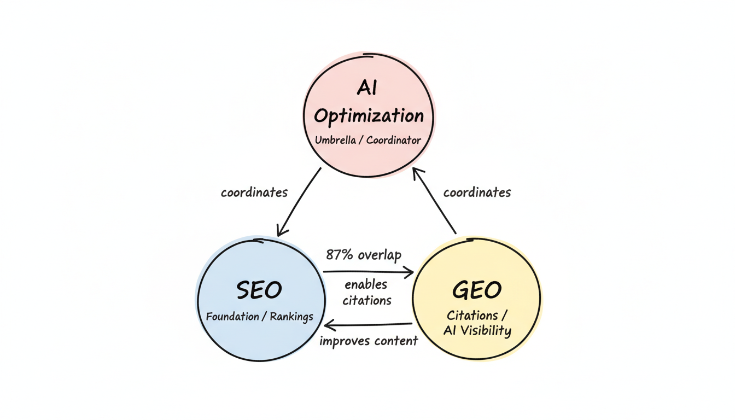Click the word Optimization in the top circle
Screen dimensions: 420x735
pos(369,115)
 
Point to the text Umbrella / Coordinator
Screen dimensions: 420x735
pos(368,140)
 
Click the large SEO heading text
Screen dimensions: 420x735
pos(259,290)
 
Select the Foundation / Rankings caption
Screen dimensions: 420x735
pos(259,316)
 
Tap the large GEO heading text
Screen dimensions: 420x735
pos(477,290)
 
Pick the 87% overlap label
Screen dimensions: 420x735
pos(364,255)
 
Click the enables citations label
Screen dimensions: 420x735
pos(367,292)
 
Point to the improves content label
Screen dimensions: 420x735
pos(369,341)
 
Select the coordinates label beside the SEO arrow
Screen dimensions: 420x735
pos(254,192)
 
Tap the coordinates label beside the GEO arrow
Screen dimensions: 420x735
pos(477,192)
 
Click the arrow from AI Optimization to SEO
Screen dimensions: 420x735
pos(299,202)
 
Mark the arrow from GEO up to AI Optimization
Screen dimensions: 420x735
pos(434,201)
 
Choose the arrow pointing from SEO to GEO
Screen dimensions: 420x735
pos(367,272)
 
